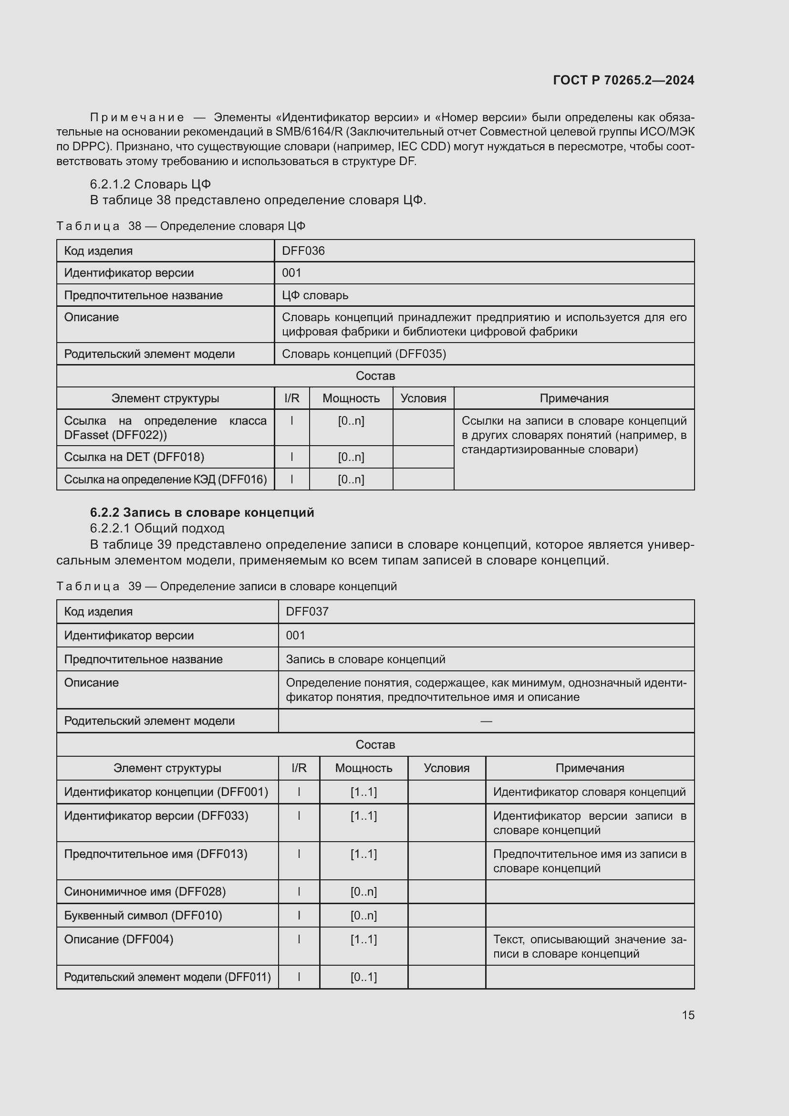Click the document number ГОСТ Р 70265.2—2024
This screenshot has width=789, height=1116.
coord(623,80)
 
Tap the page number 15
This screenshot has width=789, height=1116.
coord(688,1015)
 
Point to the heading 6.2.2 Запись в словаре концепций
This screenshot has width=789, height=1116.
coord(202,512)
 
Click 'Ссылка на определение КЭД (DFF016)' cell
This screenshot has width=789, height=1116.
coord(165,479)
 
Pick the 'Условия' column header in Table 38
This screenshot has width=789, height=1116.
coord(423,398)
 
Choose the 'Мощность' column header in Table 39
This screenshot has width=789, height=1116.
coord(363,768)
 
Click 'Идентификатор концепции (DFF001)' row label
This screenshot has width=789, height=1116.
coord(166,792)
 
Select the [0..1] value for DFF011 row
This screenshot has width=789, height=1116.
coord(363,977)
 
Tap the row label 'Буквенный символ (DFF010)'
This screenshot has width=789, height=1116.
coord(143,915)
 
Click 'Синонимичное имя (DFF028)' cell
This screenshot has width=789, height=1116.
coord(145,891)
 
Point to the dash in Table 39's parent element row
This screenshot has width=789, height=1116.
coord(486,721)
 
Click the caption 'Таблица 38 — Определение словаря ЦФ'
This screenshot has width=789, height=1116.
coord(180,226)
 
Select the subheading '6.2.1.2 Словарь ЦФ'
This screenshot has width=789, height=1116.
coord(150,184)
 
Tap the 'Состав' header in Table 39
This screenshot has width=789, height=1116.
coord(375,745)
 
